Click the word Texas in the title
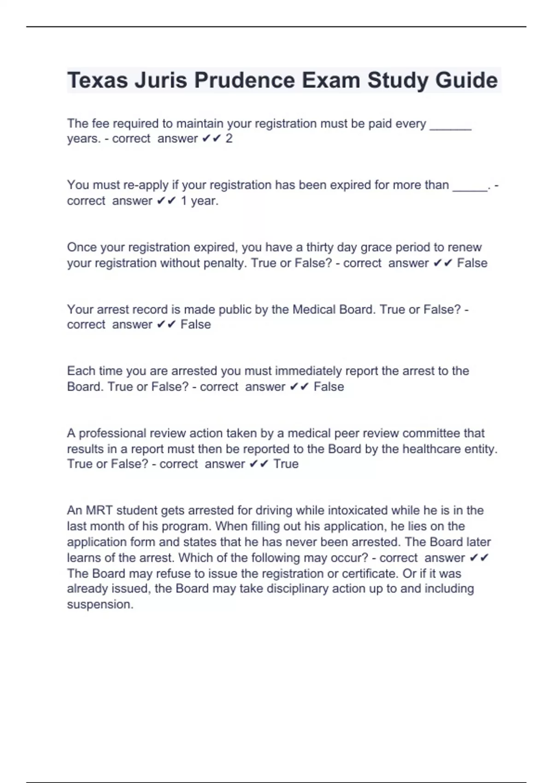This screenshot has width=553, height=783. [97, 81]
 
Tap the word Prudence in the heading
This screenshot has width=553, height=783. [244, 81]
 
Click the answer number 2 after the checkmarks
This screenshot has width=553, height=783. [229, 139]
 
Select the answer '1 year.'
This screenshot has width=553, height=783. [199, 201]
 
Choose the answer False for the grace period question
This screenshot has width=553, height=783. [472, 263]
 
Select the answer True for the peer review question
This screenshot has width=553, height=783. [286, 464]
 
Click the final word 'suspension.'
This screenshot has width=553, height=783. [100, 604]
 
